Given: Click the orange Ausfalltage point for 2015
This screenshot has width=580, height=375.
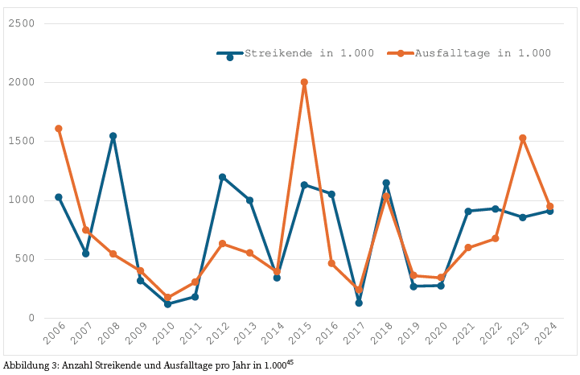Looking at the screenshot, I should [304, 82].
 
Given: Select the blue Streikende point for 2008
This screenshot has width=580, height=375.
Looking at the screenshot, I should [113, 136].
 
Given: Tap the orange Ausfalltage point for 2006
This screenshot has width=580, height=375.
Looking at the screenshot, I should [59, 129].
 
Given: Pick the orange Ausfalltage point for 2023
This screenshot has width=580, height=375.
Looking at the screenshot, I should [523, 138].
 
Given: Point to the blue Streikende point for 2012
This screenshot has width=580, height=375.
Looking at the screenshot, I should [222, 177].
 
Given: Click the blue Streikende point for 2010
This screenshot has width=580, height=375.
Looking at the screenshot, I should [168, 304].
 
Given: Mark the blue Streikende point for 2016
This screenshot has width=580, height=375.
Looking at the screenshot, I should [331, 194].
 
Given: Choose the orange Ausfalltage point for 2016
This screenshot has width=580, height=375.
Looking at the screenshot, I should [331, 263].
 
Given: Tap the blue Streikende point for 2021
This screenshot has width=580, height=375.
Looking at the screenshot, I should [468, 212].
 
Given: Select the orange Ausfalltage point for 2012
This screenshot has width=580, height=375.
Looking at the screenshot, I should [222, 244].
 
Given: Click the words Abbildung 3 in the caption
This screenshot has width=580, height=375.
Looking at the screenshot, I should [27, 365].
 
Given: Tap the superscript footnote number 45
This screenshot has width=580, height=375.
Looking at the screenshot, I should [290, 363].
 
